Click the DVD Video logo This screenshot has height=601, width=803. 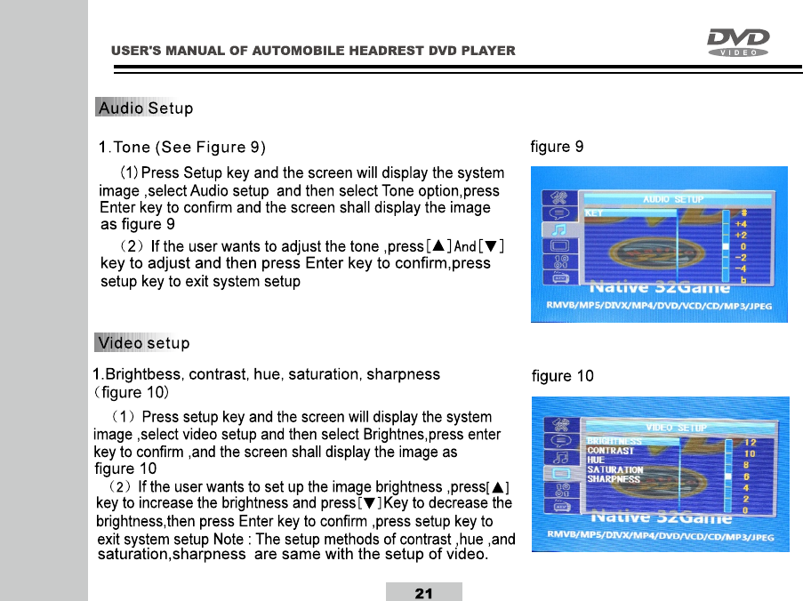tap(737, 42)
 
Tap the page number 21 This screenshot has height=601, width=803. tap(424, 593)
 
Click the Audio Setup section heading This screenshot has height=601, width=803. tap(145, 109)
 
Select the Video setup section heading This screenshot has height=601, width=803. tap(142, 343)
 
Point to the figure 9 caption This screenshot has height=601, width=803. tap(557, 147)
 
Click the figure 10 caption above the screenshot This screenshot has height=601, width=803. tap(562, 376)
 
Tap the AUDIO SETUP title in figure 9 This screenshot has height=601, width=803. tap(672, 200)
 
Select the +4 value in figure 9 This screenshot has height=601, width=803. tap(740, 224)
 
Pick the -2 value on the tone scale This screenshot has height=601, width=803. tap(741, 257)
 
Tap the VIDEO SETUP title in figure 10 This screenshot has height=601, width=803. tap(675, 428)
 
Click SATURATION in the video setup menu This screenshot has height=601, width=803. tap(614, 469)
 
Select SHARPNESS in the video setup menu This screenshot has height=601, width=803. tap(613, 478)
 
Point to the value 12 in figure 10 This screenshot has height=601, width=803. tap(750, 442)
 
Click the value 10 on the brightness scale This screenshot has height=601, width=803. tap(750, 453)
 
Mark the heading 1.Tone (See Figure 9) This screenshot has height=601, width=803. tap(182, 147)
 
